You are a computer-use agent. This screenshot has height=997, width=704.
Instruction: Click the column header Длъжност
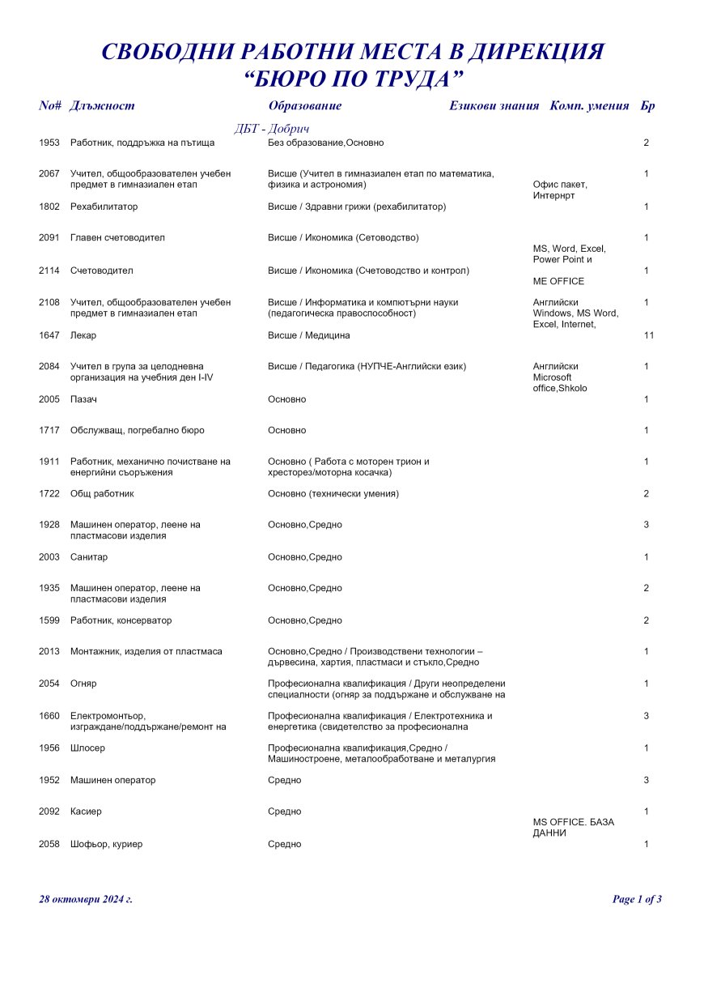pyautogui.click(x=102, y=106)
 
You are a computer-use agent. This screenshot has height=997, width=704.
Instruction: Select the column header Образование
pyautogui.click(x=304, y=106)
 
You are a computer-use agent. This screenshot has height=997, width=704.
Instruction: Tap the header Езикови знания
pyautogui.click(x=494, y=106)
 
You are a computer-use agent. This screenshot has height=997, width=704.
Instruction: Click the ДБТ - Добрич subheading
pyautogui.click(x=272, y=129)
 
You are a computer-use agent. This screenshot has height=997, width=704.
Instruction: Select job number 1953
pyautogui.click(x=49, y=143)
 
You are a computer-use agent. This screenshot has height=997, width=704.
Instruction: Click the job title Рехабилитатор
pyautogui.click(x=104, y=207)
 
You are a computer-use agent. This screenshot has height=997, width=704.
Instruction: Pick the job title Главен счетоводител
pyautogui.click(x=117, y=238)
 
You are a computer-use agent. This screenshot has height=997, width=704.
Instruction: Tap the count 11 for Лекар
pyautogui.click(x=648, y=335)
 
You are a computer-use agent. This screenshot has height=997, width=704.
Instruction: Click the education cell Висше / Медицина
pyautogui.click(x=308, y=335)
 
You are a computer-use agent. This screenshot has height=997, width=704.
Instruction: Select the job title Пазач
pyautogui.click(x=83, y=399)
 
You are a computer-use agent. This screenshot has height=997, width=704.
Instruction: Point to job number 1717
pyautogui.click(x=49, y=431)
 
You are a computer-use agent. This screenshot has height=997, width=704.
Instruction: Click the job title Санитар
pyautogui.click(x=89, y=558)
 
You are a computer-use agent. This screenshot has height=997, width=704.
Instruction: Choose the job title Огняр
pyautogui.click(x=83, y=684)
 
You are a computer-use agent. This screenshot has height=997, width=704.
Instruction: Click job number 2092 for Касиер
pyautogui.click(x=49, y=812)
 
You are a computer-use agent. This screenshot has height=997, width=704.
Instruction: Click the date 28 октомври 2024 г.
pyautogui.click(x=86, y=899)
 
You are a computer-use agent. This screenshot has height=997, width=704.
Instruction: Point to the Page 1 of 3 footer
pyautogui.click(x=637, y=899)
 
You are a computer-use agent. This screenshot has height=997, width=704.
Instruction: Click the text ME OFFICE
pyautogui.click(x=558, y=282)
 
